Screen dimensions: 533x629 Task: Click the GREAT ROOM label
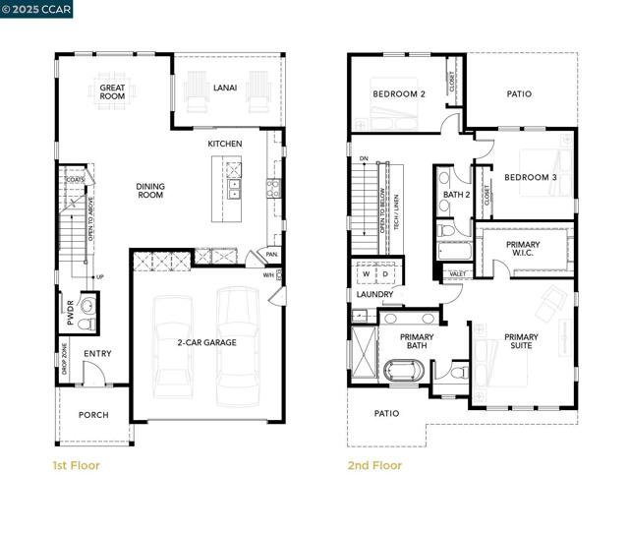coord(112,92)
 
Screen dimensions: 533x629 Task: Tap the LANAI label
coord(225,88)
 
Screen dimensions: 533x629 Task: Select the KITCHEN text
coord(224,144)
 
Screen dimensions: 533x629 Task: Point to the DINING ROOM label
coord(150,190)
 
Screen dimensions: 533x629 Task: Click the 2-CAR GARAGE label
coord(207,341)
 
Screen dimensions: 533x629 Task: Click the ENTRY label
coord(97,354)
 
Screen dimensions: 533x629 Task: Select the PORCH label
coord(93,414)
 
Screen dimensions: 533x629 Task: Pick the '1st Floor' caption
coord(76,465)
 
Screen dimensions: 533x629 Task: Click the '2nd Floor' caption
coord(374,465)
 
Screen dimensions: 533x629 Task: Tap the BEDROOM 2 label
coord(398,94)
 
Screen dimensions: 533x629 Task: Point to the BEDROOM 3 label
coord(531,177)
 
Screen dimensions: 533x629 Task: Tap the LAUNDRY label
coord(374,294)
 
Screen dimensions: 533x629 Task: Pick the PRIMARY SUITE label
coord(521,342)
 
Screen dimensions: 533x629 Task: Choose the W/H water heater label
coord(268,275)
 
